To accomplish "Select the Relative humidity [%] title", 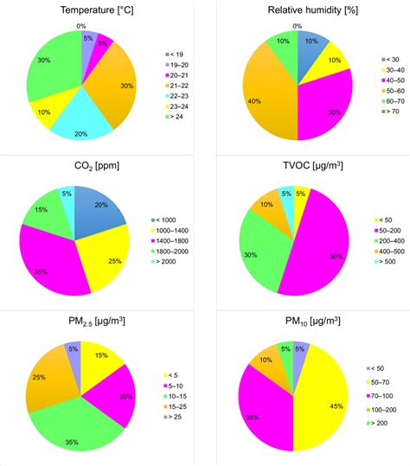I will point(297,10).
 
